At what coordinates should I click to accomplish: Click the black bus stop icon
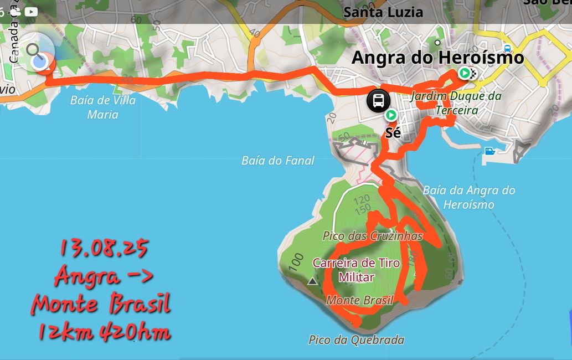379,101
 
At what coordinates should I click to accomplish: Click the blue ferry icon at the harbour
489,151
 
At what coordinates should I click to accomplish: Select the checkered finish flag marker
472,73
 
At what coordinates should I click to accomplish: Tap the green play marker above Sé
391,115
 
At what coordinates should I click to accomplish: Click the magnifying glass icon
34,51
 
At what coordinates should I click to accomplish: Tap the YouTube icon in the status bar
31,11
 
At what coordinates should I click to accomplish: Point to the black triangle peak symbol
313,281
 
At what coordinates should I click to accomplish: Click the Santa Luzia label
383,12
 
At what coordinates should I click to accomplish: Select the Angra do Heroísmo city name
437,57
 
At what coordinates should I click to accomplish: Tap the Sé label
393,133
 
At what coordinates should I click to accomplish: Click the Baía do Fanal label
278,161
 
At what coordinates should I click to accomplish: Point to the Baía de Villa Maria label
103,107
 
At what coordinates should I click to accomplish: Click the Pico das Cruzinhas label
373,236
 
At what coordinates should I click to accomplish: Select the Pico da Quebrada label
357,340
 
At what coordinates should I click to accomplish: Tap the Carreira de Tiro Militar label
357,270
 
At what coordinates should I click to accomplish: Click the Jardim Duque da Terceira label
456,103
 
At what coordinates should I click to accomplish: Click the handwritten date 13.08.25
104,249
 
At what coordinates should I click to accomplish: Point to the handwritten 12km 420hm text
104,332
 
